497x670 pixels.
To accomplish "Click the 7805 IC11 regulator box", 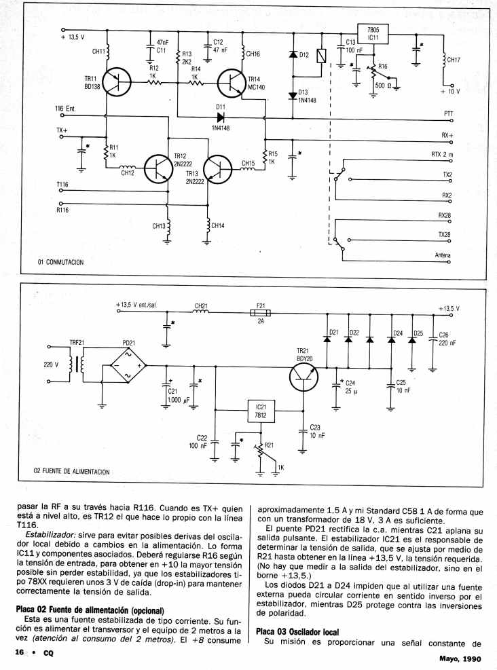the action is (x=373, y=34).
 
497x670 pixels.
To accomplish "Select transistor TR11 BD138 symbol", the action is (x=117, y=81).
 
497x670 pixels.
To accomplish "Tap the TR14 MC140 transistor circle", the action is (x=232, y=83).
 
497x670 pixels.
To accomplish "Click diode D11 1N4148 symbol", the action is (x=221, y=117).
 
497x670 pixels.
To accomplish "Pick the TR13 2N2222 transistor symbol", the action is (x=217, y=168).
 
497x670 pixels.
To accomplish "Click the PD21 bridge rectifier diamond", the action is (x=128, y=366).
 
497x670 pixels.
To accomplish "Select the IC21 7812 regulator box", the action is (x=261, y=411).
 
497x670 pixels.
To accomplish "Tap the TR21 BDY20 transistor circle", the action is (x=304, y=377).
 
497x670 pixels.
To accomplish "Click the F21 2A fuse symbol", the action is (x=261, y=313).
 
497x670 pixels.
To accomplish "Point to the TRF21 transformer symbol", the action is (x=79, y=364).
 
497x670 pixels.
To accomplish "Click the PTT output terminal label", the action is (x=448, y=113).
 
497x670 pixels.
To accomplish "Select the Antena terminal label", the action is (x=443, y=255).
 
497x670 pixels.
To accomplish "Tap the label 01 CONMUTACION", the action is (x=60, y=262).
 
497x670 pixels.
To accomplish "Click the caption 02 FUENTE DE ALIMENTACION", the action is (x=72, y=472).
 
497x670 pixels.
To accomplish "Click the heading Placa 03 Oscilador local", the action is (x=297, y=631).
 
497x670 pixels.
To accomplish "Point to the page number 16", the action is (x=19, y=652).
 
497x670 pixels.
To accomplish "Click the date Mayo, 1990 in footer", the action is (x=460, y=658).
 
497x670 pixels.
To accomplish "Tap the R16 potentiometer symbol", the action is (x=373, y=73).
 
